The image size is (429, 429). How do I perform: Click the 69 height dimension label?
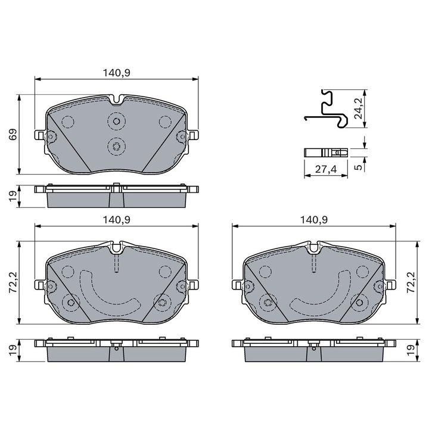click(x=13, y=134)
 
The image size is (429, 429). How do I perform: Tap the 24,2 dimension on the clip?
click(x=358, y=108)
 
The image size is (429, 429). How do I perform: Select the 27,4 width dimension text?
click(x=326, y=169)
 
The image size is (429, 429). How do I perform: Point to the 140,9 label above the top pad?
click(x=116, y=73)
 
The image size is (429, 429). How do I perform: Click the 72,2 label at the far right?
click(x=412, y=282)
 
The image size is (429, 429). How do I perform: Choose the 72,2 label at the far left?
click(x=13, y=282)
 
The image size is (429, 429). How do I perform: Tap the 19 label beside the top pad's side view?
click(x=13, y=196)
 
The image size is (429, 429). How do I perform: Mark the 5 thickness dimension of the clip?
click(x=358, y=167)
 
